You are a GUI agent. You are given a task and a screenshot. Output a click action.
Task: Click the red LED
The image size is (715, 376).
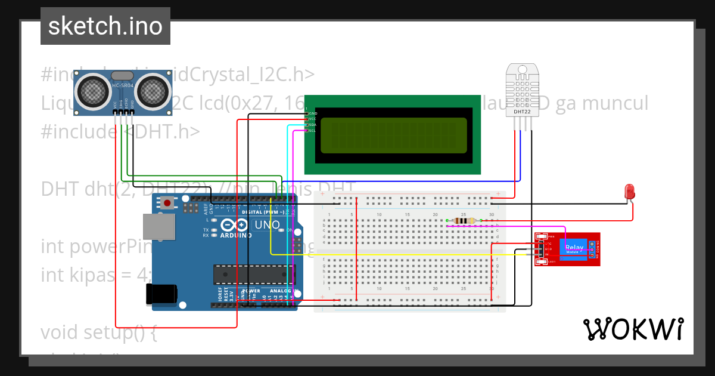[629, 192]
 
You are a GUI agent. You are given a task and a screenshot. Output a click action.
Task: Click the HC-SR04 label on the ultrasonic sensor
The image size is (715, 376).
[123, 86]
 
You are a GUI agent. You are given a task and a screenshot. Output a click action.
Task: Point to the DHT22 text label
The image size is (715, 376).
[522, 112]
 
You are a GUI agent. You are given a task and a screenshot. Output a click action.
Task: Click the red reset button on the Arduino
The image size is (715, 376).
[167, 203]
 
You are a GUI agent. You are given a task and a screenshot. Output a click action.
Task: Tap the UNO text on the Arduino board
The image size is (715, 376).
[267, 225]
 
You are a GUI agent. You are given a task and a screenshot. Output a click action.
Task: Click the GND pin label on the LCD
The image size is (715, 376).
[313, 113]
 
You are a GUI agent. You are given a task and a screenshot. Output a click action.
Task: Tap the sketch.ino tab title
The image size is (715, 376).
[105, 26]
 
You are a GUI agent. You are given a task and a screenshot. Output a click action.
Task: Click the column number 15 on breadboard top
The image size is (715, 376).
[408, 214]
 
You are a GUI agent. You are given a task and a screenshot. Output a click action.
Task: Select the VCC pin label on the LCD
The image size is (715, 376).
[312, 119]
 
